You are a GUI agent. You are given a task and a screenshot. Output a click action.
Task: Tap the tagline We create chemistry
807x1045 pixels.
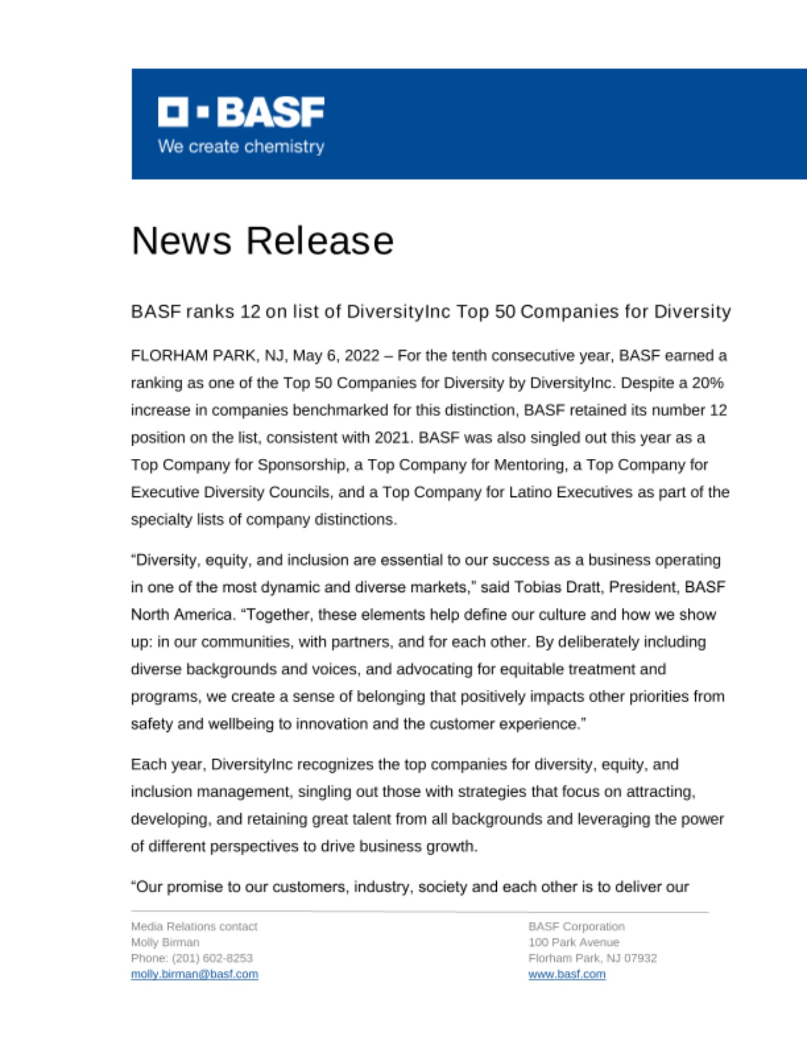(241, 146)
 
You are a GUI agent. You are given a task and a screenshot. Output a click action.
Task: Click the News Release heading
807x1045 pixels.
(262, 241)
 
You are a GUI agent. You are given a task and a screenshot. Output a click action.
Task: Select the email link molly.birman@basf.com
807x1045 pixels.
(194, 974)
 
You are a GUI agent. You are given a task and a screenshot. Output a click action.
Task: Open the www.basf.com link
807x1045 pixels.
(567, 974)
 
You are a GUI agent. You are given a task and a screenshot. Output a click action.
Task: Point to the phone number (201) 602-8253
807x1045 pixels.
(212, 958)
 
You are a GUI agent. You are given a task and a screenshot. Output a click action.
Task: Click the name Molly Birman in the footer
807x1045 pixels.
(165, 942)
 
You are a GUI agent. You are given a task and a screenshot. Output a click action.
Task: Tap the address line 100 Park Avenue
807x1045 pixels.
(574, 942)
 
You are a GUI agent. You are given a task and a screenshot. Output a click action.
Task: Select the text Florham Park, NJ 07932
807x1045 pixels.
(592, 958)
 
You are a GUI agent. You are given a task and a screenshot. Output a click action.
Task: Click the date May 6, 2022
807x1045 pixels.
(336, 356)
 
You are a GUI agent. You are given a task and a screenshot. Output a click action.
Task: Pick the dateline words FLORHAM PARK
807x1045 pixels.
(193, 356)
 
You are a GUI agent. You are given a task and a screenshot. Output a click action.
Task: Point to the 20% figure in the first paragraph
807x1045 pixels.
(708, 383)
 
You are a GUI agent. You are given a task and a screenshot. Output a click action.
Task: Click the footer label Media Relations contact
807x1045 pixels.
(194, 926)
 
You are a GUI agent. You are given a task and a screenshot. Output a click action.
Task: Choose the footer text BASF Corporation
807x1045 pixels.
(576, 926)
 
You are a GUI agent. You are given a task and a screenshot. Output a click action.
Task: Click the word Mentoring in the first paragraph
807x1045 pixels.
(528, 465)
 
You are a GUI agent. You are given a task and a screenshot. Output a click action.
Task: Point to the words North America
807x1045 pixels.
(181, 614)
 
